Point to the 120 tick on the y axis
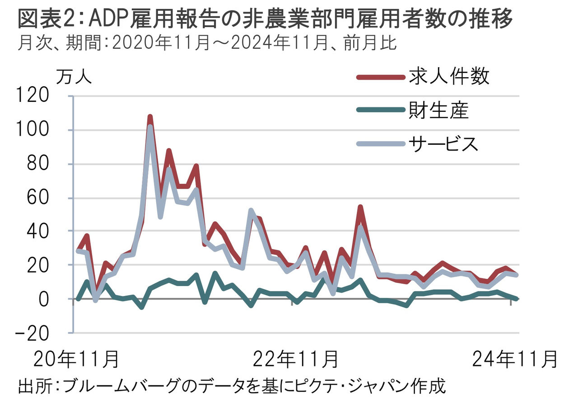pos(32,95)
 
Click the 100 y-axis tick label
pos(32,129)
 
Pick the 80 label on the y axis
pos(37,163)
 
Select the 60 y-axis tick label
pos(37,197)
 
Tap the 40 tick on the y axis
pos(37,231)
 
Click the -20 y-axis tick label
pos(32,334)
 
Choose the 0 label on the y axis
pos(44,300)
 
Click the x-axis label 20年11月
pos(75,359)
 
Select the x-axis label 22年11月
pos(295,359)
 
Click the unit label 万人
pos(74,77)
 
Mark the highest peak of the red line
pos(150,117)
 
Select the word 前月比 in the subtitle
pos(370,43)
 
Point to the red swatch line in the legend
pos(381,77)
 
